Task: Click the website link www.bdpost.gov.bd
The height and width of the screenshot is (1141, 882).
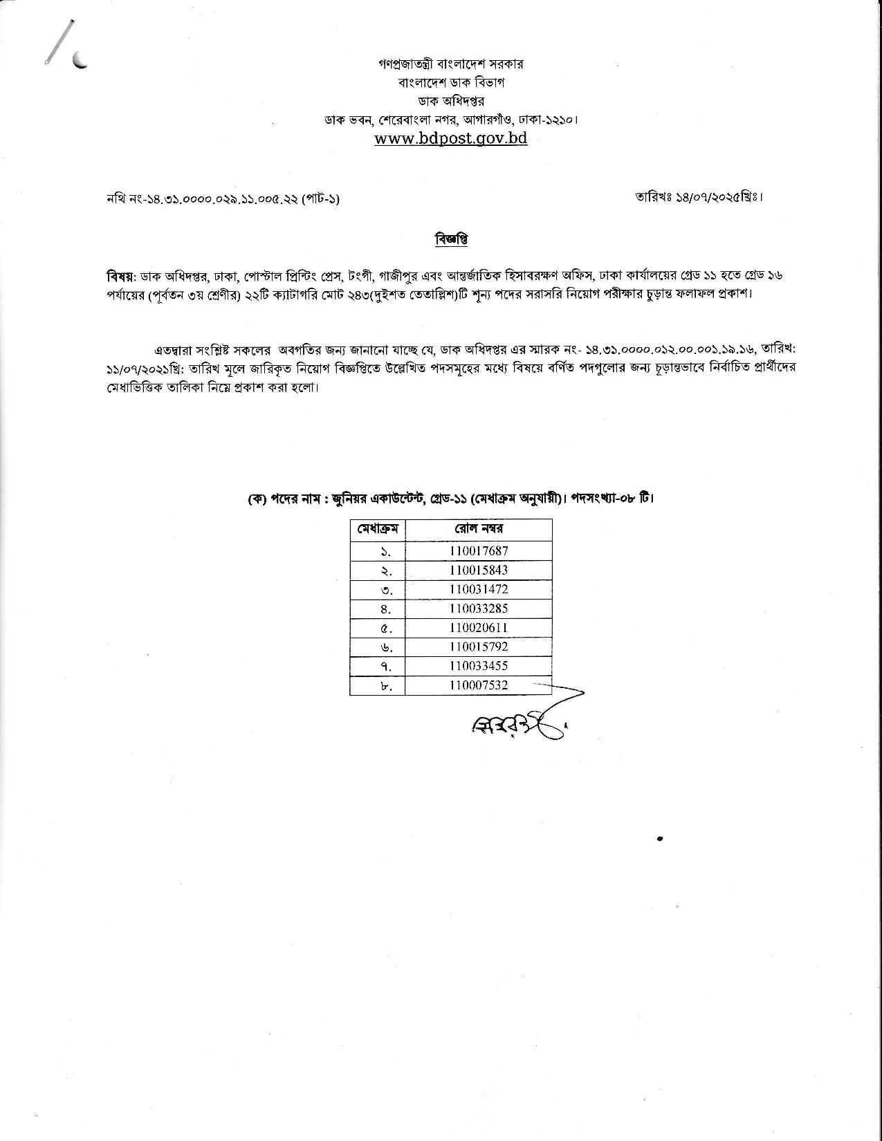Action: (x=451, y=138)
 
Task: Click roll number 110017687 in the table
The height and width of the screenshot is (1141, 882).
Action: (x=478, y=551)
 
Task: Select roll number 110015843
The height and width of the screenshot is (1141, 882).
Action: (x=478, y=570)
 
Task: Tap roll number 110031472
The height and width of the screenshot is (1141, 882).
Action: (x=478, y=590)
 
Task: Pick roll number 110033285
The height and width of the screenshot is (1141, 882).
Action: (x=478, y=609)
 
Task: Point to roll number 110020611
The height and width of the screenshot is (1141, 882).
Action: (x=478, y=628)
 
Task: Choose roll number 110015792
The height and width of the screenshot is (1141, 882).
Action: (x=478, y=647)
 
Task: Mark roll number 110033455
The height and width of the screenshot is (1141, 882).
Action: (x=478, y=666)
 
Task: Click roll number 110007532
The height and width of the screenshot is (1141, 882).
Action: (x=478, y=685)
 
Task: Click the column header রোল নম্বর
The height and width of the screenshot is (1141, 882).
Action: (x=478, y=529)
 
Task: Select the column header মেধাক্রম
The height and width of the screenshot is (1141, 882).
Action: (x=378, y=530)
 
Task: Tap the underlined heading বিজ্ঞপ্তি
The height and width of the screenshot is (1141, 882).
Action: (x=451, y=240)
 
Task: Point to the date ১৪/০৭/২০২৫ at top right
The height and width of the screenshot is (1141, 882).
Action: (x=698, y=197)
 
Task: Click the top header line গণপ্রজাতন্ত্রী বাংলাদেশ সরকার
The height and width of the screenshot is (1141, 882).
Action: (x=451, y=64)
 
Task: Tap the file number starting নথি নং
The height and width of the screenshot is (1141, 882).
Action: (x=222, y=199)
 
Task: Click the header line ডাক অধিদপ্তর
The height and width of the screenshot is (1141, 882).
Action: (x=451, y=101)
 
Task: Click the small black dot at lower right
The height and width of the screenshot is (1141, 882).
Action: (x=661, y=839)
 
